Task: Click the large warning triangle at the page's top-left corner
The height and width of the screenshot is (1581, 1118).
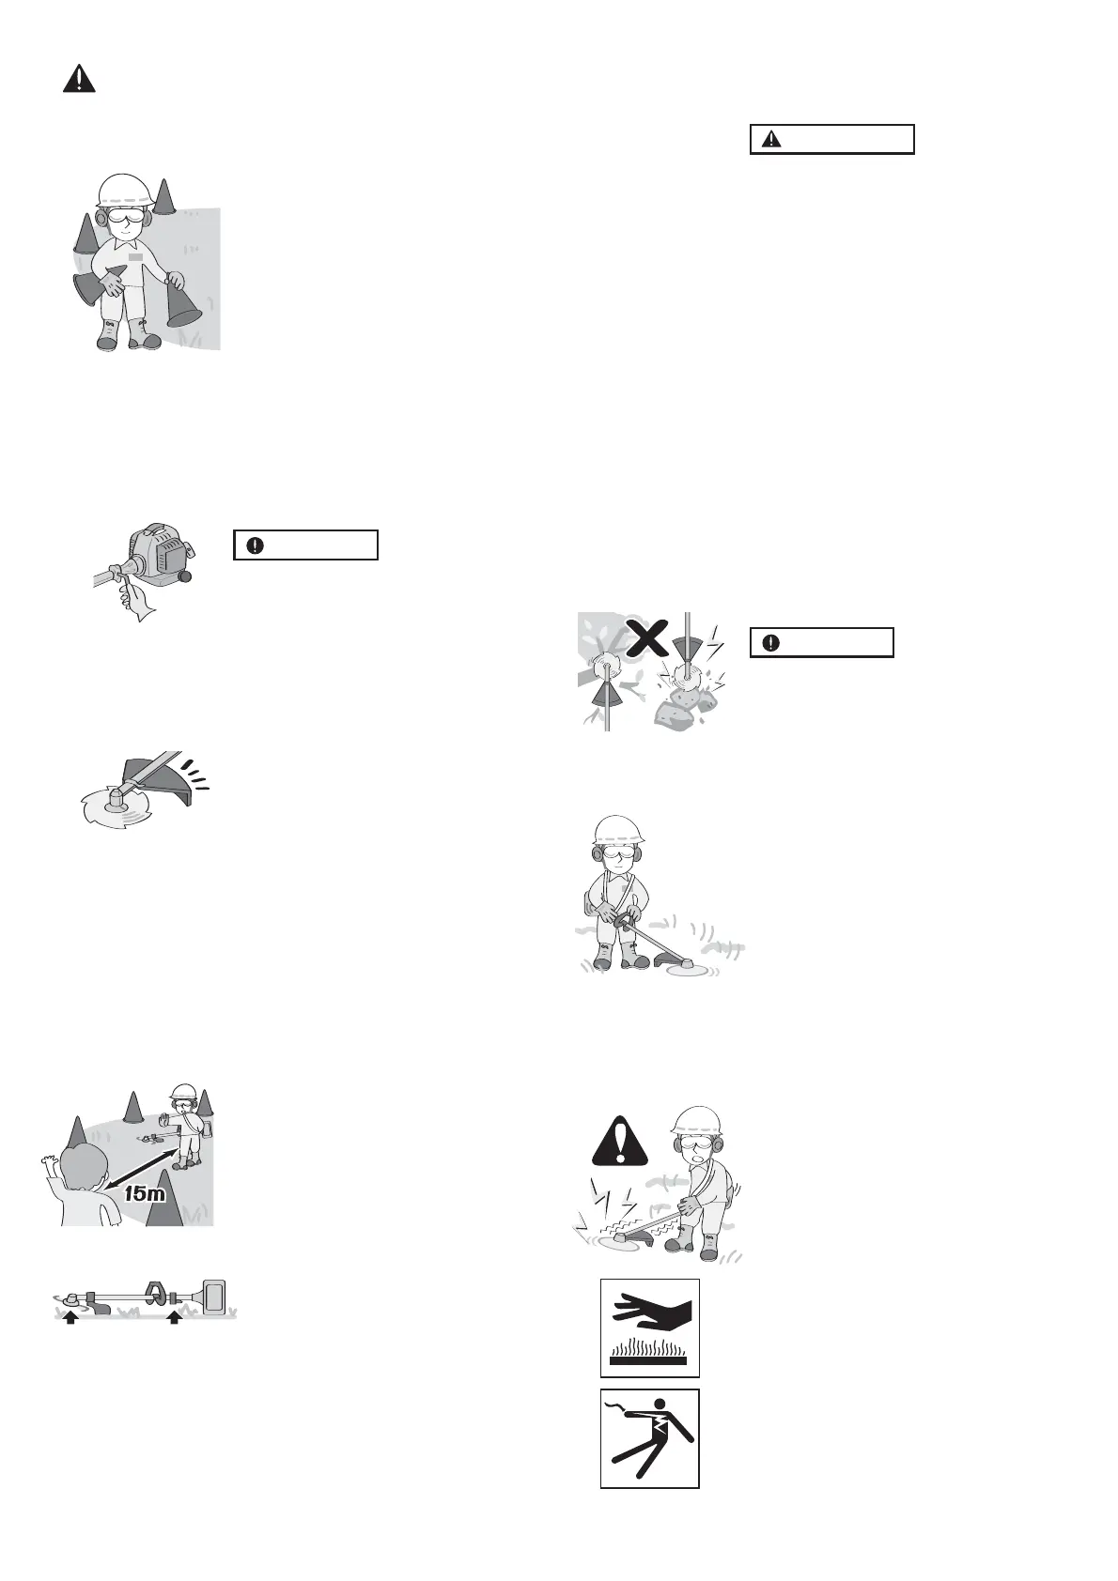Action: pos(79,79)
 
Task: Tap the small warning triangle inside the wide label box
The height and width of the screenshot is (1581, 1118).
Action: pos(771,140)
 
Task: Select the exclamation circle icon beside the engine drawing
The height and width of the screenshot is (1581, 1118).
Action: pos(255,545)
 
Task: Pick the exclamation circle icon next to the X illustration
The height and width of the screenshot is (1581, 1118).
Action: pos(771,642)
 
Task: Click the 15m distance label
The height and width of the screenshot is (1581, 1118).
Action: pos(145,1193)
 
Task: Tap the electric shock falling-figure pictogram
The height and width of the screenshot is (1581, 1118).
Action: pos(650,1438)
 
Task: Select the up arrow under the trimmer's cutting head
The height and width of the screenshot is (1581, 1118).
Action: pos(70,1316)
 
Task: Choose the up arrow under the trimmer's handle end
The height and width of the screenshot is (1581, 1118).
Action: pos(174,1316)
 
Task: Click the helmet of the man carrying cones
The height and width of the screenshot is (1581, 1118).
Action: pos(127,192)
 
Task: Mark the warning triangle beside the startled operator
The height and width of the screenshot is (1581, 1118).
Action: pos(620,1142)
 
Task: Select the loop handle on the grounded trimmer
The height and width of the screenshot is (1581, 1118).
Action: pos(156,1293)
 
